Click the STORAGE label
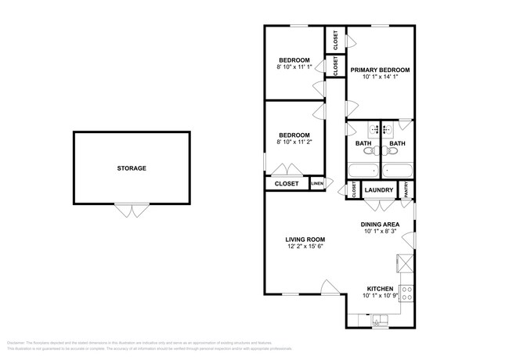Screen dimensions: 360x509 (x=132, y=168)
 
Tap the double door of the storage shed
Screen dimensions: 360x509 (x=132, y=209)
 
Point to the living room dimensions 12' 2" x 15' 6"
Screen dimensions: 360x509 (x=305, y=247)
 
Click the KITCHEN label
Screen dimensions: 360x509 (x=380, y=288)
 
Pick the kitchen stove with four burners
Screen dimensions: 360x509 (x=407, y=294)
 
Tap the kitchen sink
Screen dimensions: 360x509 (x=380, y=319)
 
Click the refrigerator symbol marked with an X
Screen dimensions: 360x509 (x=406, y=262)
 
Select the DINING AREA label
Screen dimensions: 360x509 (x=380, y=223)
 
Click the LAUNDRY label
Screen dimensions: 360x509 (x=379, y=189)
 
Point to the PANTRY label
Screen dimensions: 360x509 (x=406, y=189)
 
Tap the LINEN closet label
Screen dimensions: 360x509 (x=316, y=184)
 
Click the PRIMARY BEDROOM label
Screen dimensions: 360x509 (x=380, y=70)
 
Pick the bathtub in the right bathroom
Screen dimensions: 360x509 (x=398, y=171)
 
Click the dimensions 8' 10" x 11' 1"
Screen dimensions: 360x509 (x=294, y=69)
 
